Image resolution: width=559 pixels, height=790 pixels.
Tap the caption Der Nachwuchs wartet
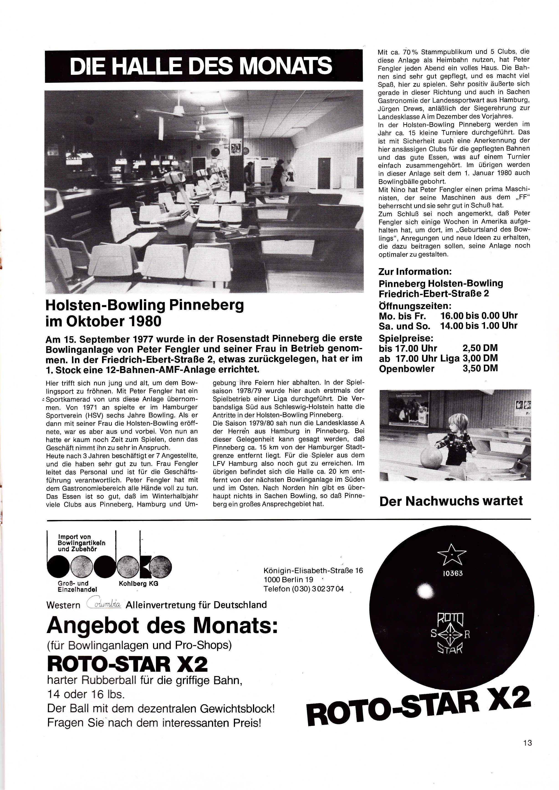coord(451,501)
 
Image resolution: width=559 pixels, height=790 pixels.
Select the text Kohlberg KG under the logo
coord(138,583)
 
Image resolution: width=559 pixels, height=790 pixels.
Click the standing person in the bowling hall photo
coord(277,175)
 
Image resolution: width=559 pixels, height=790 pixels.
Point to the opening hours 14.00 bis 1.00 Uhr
coord(479,326)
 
